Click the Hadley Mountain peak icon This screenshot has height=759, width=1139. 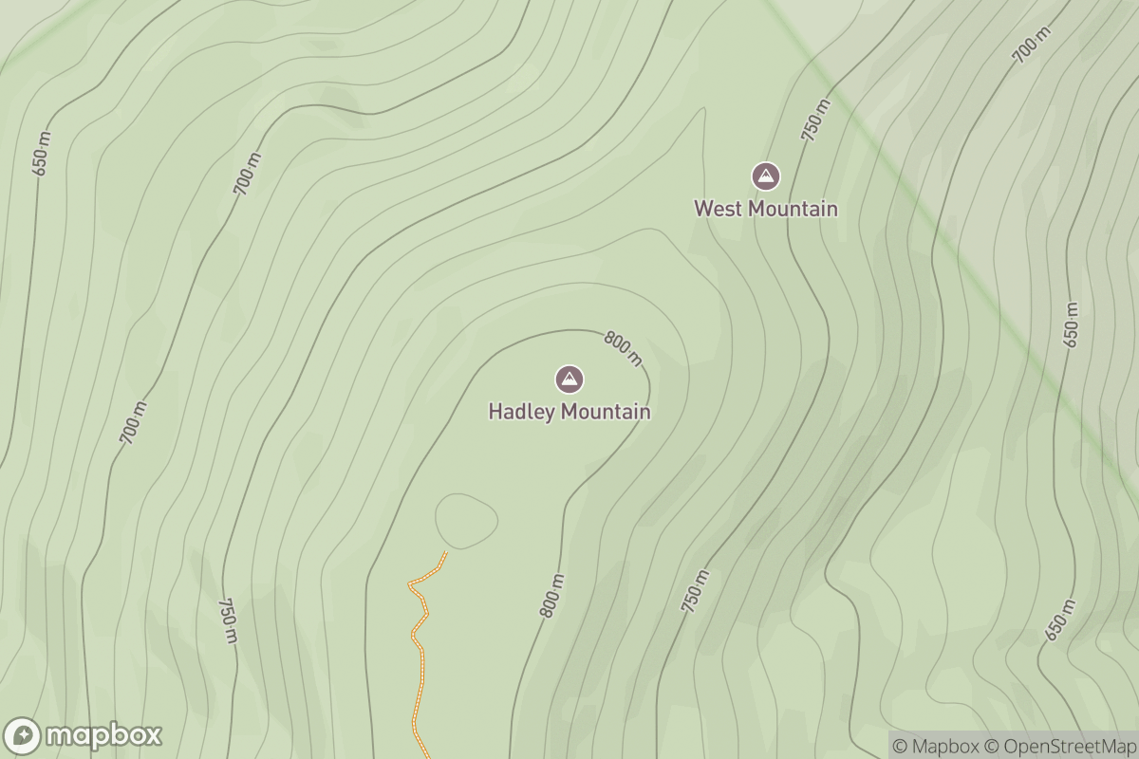pos(569,379)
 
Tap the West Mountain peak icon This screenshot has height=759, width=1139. pos(766,176)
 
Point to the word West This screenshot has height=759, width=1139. pos(717,208)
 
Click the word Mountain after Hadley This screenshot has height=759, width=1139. pos(606,412)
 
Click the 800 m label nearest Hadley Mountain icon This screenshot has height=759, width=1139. pos(624,348)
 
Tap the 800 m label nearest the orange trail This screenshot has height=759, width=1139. pos(552,597)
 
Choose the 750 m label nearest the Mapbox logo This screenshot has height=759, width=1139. pos(228,621)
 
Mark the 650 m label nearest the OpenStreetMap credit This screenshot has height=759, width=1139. pos(1061,620)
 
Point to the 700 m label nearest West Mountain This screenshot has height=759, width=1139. pos(1032,46)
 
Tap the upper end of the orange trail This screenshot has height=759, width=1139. pos(445,552)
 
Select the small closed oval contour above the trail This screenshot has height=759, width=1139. pos(466,521)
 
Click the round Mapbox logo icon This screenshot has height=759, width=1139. pos(23,736)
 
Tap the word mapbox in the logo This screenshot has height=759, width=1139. pos(103,735)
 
